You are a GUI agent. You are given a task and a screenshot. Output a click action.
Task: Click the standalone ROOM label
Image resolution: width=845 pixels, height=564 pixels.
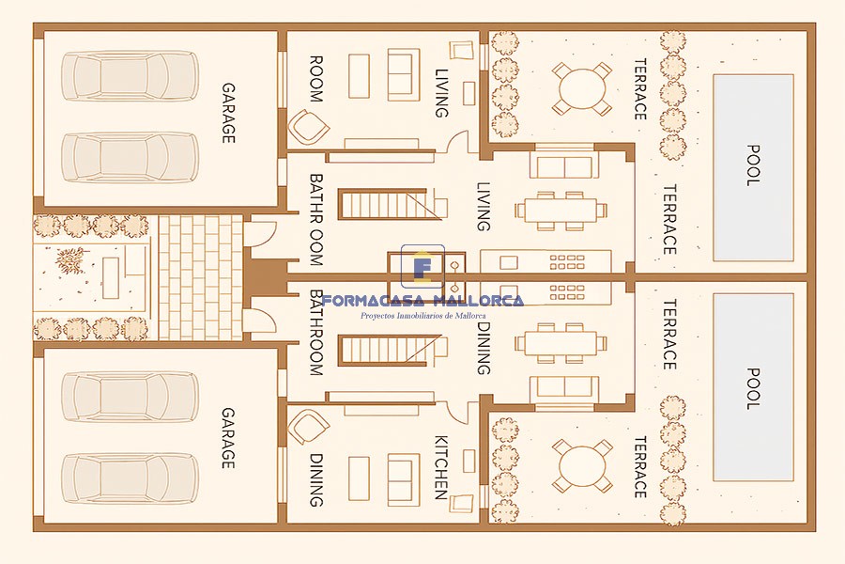(x=316, y=79)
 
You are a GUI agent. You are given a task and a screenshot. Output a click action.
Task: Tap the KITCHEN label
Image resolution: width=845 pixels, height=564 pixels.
(x=441, y=467)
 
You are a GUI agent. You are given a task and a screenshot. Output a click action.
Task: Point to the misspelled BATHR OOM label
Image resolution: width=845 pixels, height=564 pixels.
(x=316, y=220)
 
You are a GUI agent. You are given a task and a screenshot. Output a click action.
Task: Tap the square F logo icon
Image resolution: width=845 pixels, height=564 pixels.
(x=423, y=267)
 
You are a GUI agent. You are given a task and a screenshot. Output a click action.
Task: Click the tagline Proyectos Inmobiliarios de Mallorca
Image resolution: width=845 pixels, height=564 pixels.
(x=423, y=316)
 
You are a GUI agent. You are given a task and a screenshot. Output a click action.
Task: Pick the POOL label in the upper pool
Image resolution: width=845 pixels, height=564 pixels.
(x=753, y=165)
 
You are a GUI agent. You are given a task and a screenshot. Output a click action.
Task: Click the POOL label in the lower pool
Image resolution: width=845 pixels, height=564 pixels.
(x=753, y=388)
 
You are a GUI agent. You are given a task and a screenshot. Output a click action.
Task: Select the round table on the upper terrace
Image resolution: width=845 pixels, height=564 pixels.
(x=582, y=88)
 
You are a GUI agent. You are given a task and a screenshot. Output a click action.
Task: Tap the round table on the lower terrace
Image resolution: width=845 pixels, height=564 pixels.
(x=582, y=466)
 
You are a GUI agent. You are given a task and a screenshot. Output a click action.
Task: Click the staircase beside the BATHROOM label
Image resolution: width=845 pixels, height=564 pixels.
(x=391, y=350)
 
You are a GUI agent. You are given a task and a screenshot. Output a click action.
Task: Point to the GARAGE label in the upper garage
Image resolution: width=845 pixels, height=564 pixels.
(x=228, y=113)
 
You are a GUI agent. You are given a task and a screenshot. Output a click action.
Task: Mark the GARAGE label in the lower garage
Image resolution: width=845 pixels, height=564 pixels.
(x=228, y=438)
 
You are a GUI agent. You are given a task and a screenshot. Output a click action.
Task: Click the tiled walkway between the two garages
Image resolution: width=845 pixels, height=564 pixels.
(x=200, y=277)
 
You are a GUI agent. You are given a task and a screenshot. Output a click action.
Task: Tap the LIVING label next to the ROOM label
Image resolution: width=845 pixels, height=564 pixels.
(x=441, y=93)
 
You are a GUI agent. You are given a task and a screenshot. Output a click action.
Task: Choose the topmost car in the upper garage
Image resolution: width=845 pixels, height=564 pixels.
(x=130, y=76)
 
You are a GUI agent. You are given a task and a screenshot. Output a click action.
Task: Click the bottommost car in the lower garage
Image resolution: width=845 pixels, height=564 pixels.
(x=130, y=479)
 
